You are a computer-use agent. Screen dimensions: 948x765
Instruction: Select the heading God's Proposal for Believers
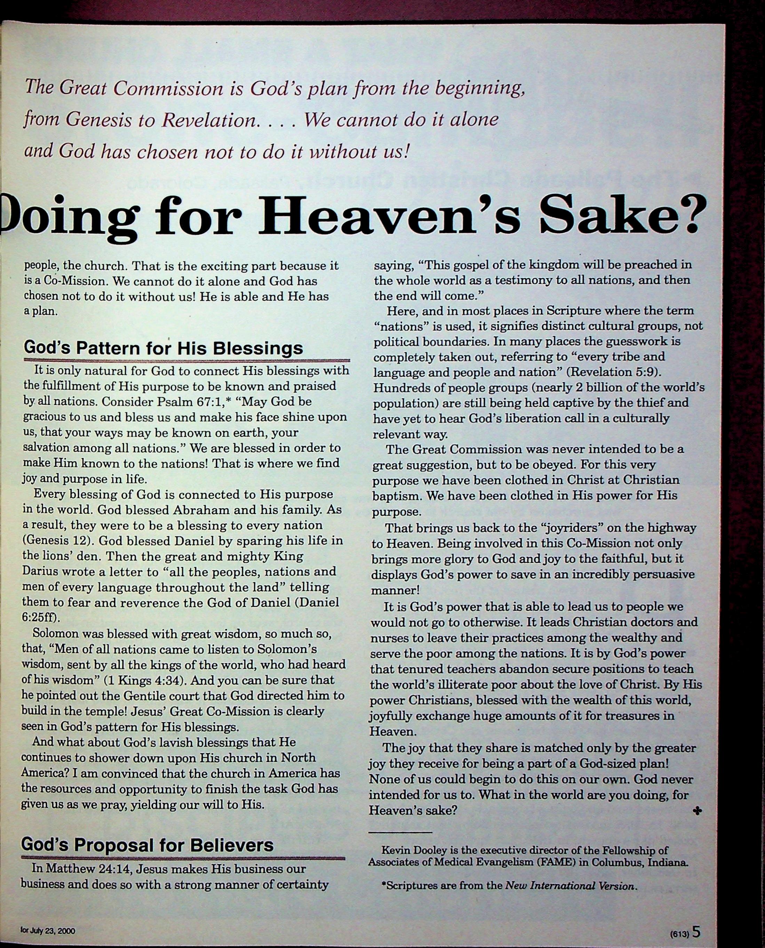coord(147,844)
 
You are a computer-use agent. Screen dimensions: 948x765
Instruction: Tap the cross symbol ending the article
coord(697,811)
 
